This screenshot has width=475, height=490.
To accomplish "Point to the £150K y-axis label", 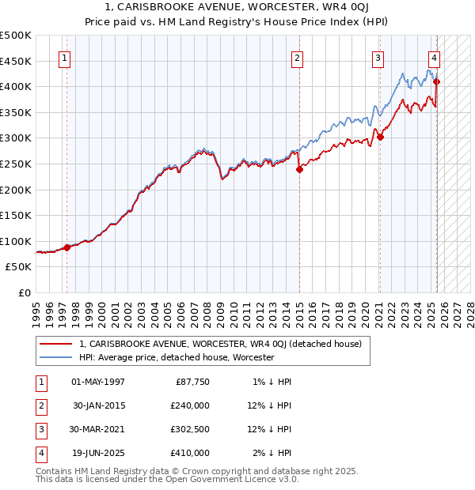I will tap(16, 216).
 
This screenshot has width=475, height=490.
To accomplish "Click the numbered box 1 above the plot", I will tap(63, 57).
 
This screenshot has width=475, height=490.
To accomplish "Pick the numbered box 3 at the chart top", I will tap(378, 57).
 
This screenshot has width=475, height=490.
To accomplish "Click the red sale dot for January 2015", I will tap(299, 169).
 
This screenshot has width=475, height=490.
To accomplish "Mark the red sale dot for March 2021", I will tap(380, 137).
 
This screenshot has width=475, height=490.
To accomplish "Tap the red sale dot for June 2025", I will tap(436, 81).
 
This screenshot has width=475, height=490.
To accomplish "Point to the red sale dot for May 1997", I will tap(67, 247).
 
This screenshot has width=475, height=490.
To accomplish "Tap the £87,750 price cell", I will tap(191, 382).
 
